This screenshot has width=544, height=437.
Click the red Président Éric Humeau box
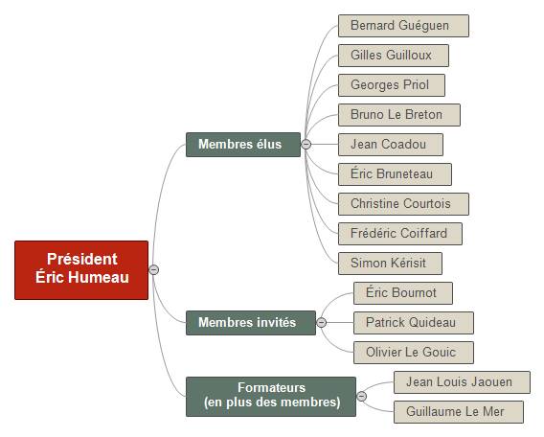[81, 270]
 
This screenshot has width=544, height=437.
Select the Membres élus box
[243, 145]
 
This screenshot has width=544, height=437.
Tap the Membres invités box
[251, 323]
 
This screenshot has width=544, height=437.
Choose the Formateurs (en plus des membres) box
[271, 397]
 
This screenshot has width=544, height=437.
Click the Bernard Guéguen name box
[403, 26]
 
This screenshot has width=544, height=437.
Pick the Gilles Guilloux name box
[394, 56]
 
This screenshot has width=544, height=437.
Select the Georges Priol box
[392, 85]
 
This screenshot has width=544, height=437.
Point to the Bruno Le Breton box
[399, 115]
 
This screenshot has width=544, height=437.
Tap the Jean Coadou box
[391, 145]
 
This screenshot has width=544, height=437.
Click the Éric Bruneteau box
[395, 174]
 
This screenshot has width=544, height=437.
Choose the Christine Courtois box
[403, 204]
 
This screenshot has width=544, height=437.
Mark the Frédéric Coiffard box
[400, 234]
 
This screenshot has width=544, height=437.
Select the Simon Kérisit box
[390, 264]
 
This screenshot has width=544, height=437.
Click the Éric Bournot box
[403, 293]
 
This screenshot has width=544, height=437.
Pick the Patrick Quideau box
[414, 323]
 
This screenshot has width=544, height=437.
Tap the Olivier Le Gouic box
[414, 353]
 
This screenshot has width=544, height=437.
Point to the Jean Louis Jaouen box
[462, 382]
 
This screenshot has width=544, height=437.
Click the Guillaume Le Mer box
[459, 412]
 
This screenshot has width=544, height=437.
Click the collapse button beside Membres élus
[306, 144]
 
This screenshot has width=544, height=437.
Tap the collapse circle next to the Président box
[153, 269]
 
